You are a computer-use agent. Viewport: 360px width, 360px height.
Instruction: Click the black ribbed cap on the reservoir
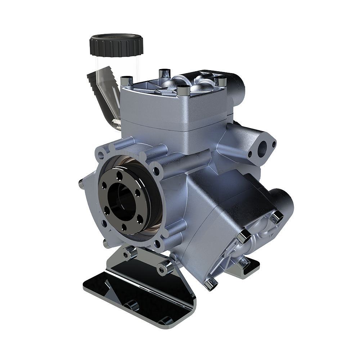coord(116,45)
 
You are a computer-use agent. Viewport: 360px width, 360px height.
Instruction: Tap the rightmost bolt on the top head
coord(220,81)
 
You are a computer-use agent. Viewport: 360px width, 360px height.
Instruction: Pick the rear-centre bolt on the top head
coord(164,73)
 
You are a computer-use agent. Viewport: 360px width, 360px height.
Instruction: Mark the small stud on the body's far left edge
coord(81,184)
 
